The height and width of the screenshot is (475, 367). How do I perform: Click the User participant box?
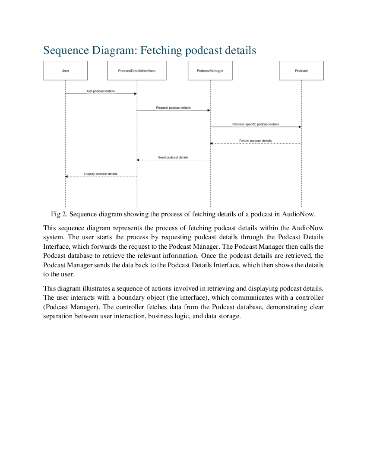coord(65,71)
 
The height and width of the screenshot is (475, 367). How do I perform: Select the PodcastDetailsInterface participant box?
coord(137,71)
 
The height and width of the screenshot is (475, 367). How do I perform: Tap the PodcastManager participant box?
coord(210,71)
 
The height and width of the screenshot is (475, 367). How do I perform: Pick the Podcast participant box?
coord(301,71)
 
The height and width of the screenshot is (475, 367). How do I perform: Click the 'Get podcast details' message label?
coord(101,91)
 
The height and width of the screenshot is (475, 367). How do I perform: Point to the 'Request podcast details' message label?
coord(173,108)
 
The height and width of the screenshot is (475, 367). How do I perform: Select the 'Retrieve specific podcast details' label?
coord(256,124)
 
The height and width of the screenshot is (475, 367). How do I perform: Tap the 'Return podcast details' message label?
coord(256,141)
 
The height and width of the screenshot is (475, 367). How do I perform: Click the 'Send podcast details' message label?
coord(173,157)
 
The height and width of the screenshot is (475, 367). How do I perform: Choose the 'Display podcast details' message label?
coord(101,174)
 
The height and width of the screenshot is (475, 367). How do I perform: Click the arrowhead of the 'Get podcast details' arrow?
coord(136,94)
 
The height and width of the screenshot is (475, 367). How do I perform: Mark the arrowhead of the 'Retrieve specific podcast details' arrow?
coord(300,127)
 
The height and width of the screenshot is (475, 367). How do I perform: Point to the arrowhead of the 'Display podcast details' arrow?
coord(66,177)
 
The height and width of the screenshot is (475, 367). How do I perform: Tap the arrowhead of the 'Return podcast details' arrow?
coord(212,143)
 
